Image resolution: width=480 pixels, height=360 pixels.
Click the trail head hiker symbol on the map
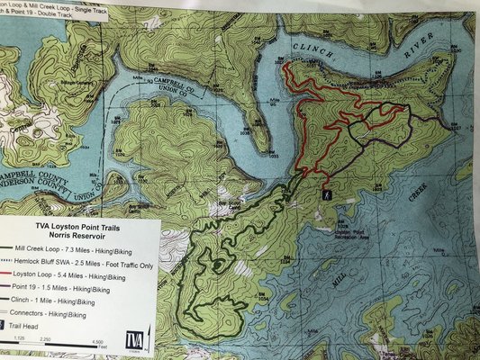[x=325, y=193]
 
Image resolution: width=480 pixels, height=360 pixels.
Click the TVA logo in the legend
[x=134, y=339]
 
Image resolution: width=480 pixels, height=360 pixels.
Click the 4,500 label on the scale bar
[x=97, y=342]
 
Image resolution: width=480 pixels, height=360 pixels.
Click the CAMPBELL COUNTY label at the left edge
[x=36, y=170]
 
